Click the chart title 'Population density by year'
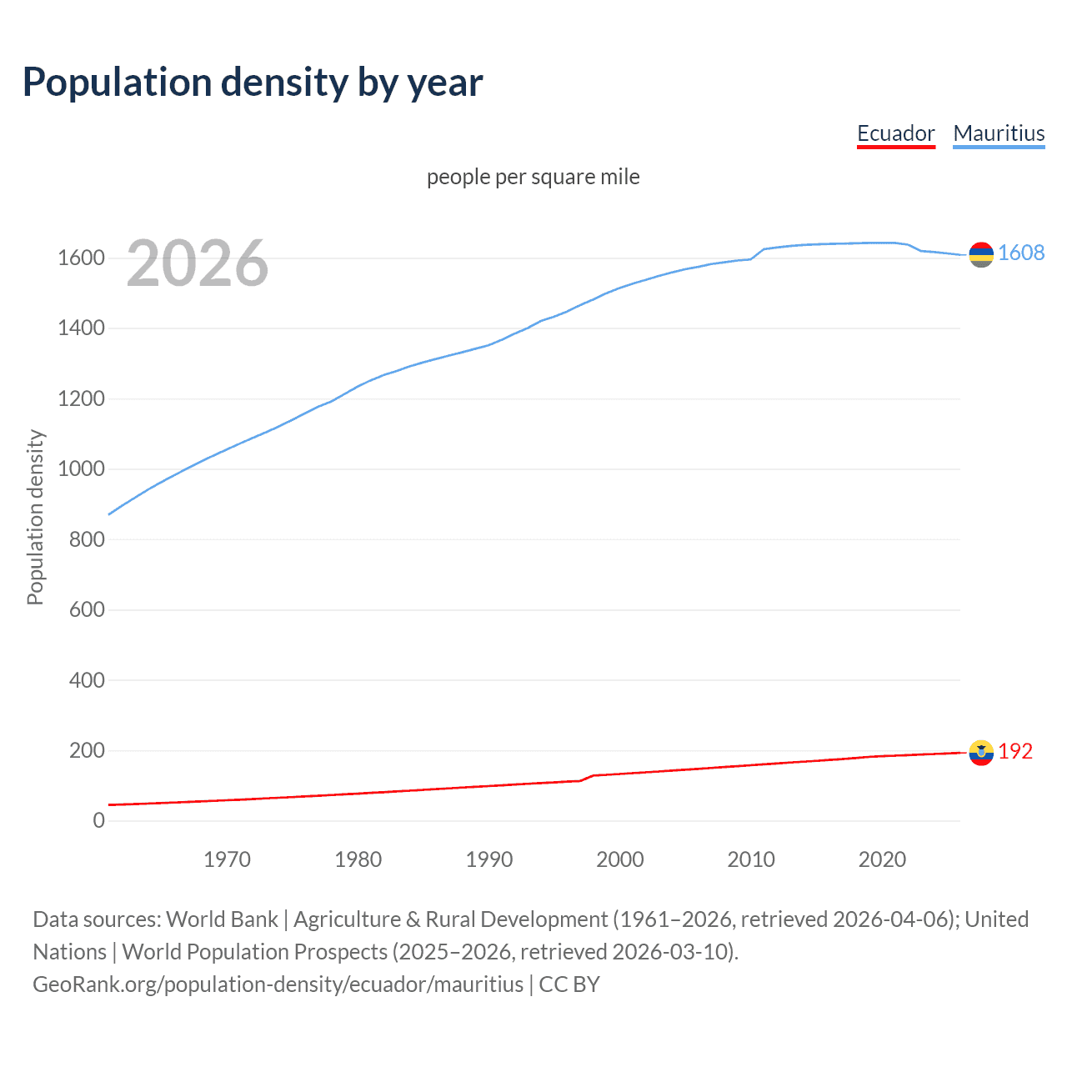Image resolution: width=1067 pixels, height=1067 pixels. click(252, 83)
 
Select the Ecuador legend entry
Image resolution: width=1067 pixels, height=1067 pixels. click(895, 133)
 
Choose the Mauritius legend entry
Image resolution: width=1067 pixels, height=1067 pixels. click(999, 133)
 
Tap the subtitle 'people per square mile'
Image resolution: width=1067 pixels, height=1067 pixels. click(533, 177)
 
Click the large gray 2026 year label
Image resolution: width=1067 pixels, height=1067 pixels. click(198, 263)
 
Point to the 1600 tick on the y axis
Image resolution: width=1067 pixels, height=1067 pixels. click(81, 258)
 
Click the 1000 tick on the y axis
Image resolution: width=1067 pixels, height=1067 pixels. click(81, 469)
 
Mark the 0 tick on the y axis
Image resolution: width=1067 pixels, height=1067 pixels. click(98, 821)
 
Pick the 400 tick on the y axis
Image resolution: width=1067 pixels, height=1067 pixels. click(87, 680)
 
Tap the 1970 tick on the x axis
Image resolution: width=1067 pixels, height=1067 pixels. click(227, 859)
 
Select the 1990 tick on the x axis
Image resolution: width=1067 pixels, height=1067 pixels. click(489, 859)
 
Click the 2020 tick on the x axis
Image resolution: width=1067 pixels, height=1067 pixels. click(882, 859)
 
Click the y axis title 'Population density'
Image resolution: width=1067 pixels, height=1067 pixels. click(35, 517)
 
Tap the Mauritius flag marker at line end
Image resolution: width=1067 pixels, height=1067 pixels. click(981, 254)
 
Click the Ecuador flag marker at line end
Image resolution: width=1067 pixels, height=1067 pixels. click(981, 752)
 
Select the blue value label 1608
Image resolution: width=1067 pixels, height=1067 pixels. click(1021, 253)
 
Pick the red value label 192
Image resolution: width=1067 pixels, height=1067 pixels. click(1015, 751)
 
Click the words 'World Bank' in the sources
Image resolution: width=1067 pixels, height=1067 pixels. click(222, 919)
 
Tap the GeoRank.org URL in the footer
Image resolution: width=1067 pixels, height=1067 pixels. click(278, 984)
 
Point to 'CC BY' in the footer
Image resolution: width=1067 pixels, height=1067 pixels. click(569, 984)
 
